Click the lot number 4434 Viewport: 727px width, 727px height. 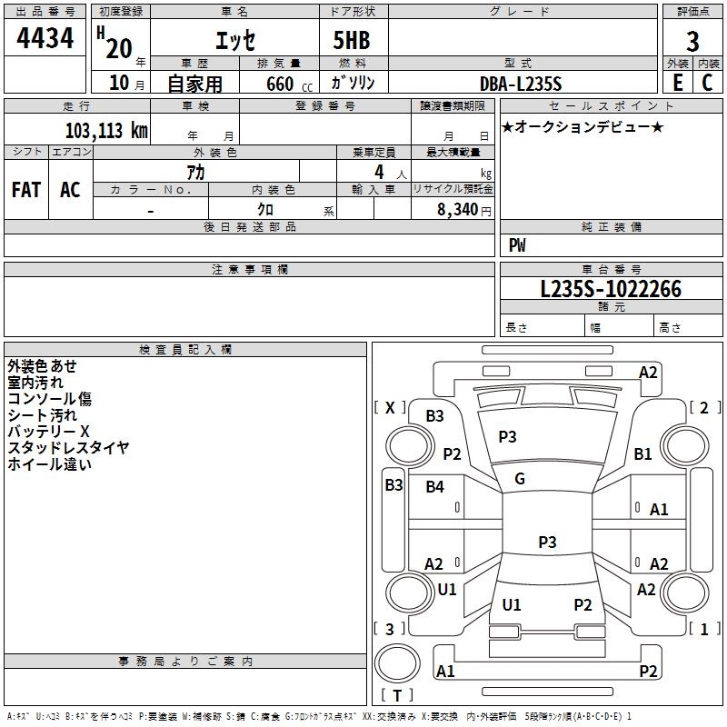(x=45, y=38)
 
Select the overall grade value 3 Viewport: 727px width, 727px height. (x=692, y=41)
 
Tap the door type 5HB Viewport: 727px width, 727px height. (x=352, y=40)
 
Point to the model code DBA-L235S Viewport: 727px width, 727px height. (x=521, y=84)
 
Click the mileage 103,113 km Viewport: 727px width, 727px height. (x=106, y=131)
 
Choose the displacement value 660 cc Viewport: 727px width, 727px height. (x=289, y=85)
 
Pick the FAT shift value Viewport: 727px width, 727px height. (x=26, y=190)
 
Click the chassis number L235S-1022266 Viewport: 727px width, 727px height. (x=611, y=289)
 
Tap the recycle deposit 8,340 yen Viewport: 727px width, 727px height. (x=464, y=210)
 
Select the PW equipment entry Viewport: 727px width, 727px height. (x=517, y=245)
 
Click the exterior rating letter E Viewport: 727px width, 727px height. (x=677, y=83)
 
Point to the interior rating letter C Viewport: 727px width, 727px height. (x=707, y=83)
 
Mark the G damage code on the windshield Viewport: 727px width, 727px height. (x=520, y=479)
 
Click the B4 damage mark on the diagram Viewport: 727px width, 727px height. (x=434, y=487)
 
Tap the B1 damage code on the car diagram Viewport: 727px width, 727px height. (x=642, y=453)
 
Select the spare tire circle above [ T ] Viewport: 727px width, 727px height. (x=397, y=663)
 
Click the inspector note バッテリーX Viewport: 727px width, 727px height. (x=48, y=432)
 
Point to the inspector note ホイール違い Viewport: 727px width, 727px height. (x=50, y=464)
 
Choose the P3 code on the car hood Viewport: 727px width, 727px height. (x=507, y=437)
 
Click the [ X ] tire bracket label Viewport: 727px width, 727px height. (x=390, y=408)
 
